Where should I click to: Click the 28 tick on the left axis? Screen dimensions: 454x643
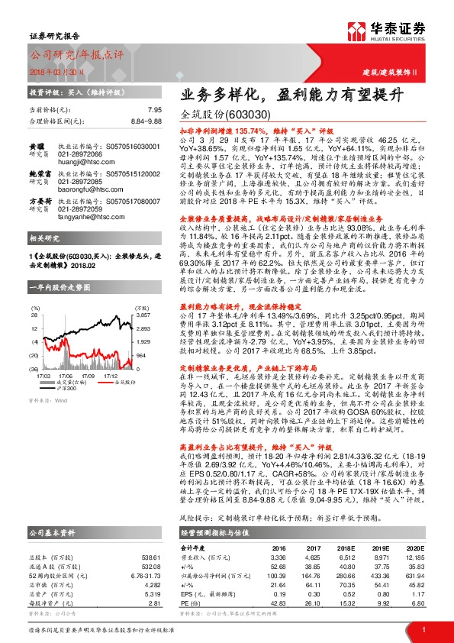pyautogui.click(x=34, y=293)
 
